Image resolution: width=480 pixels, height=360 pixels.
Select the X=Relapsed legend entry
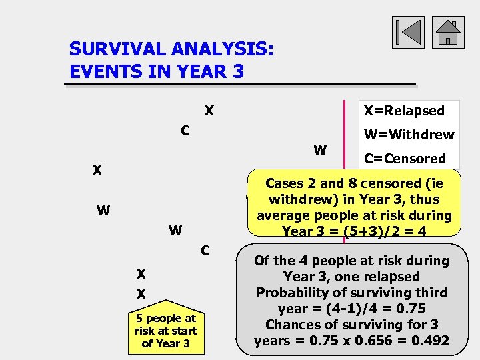402,111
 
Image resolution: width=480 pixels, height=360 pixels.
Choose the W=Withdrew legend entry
409,135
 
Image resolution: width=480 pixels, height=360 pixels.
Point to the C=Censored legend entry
405,159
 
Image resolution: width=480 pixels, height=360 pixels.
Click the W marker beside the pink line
320,150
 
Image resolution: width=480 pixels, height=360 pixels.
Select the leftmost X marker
97,171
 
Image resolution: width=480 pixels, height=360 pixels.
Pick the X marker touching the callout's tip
141,293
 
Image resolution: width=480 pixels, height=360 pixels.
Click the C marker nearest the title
186,130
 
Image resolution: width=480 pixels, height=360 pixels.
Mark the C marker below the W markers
205,251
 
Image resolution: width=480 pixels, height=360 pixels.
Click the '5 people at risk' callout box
165,331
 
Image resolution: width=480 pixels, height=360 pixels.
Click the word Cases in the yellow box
287,183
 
